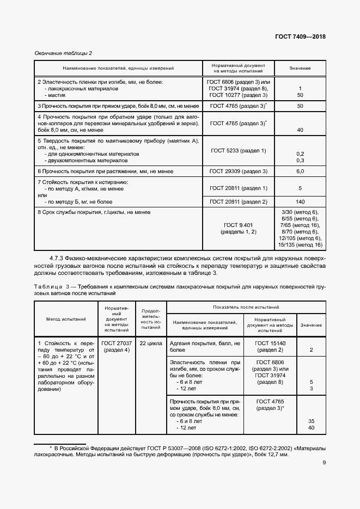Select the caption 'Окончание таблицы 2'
click(63, 53)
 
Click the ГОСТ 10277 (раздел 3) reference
click(238, 95)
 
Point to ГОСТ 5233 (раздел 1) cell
click(238, 150)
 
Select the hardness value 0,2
click(300, 154)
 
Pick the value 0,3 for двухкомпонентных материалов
click(300, 161)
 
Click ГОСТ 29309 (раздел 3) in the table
click(238, 171)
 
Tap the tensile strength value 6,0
click(300, 171)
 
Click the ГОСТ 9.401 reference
click(238, 225)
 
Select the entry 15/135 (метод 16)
click(300, 244)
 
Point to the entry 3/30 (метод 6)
click(300, 212)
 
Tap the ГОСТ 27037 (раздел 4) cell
click(115, 347)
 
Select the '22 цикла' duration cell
click(150, 344)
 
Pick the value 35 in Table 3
click(311, 421)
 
